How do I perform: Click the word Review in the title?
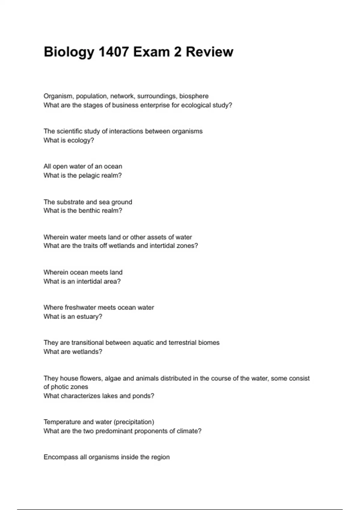pyautogui.click(x=209, y=52)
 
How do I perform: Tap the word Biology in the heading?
pyautogui.click(x=69, y=52)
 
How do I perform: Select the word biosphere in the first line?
pyautogui.click(x=194, y=96)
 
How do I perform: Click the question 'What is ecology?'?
pyautogui.click(x=69, y=140)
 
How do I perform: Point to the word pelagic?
pyautogui.click(x=89, y=175)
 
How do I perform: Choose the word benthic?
pyautogui.click(x=89, y=211)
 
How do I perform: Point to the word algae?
pyautogui.click(x=113, y=378)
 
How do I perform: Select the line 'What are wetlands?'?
pyautogui.click(x=73, y=352)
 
